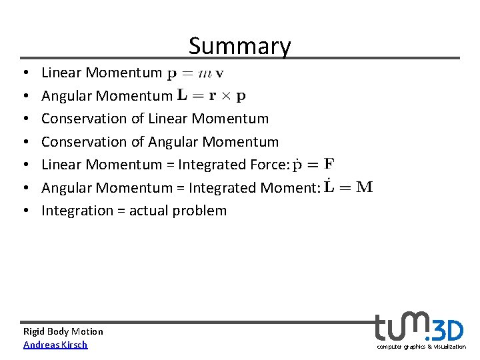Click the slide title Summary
(x=239, y=46)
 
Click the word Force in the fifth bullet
(x=269, y=165)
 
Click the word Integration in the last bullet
(x=73, y=211)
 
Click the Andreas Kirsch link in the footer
(x=55, y=345)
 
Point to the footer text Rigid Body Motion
(x=63, y=331)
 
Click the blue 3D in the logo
(x=446, y=329)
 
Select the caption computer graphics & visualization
(x=421, y=347)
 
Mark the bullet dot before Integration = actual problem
(x=24, y=211)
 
